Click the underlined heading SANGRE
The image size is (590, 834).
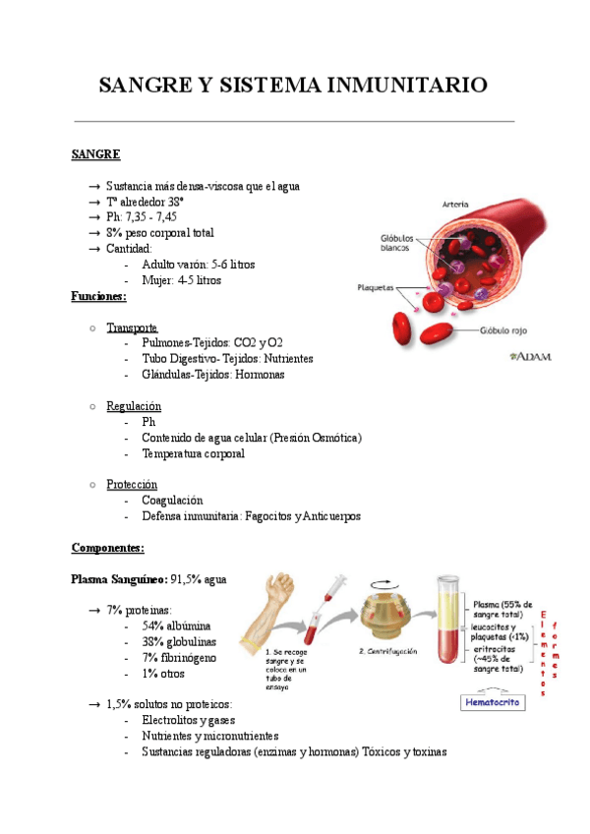(x=96, y=154)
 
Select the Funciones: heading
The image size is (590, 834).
(x=99, y=296)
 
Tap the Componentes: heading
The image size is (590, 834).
(x=108, y=548)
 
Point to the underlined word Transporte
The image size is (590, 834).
(x=132, y=328)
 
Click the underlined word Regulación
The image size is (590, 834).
(x=134, y=406)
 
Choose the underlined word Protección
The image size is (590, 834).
(x=132, y=485)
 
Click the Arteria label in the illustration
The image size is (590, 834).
(x=454, y=205)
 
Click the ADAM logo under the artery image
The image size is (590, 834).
(x=530, y=358)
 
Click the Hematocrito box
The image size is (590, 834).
(x=494, y=703)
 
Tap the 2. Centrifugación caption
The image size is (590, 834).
(x=387, y=652)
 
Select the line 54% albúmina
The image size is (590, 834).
(x=176, y=626)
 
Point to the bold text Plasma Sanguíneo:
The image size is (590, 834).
(x=120, y=579)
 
